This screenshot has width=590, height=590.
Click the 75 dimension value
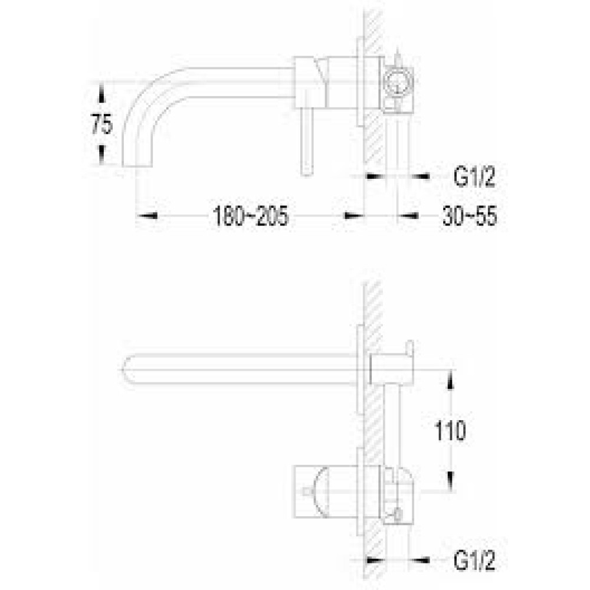[x=101, y=124]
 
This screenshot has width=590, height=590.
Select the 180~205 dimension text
[x=251, y=216]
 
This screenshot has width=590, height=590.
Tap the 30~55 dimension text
[x=470, y=216]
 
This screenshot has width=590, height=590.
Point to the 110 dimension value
[x=450, y=431]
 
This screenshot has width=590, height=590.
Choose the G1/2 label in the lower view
[x=474, y=560]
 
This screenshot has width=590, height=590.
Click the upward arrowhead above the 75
[x=101, y=94]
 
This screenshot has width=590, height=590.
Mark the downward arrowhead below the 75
[x=101, y=155]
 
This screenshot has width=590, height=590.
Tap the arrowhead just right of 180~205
[x=353, y=215]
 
